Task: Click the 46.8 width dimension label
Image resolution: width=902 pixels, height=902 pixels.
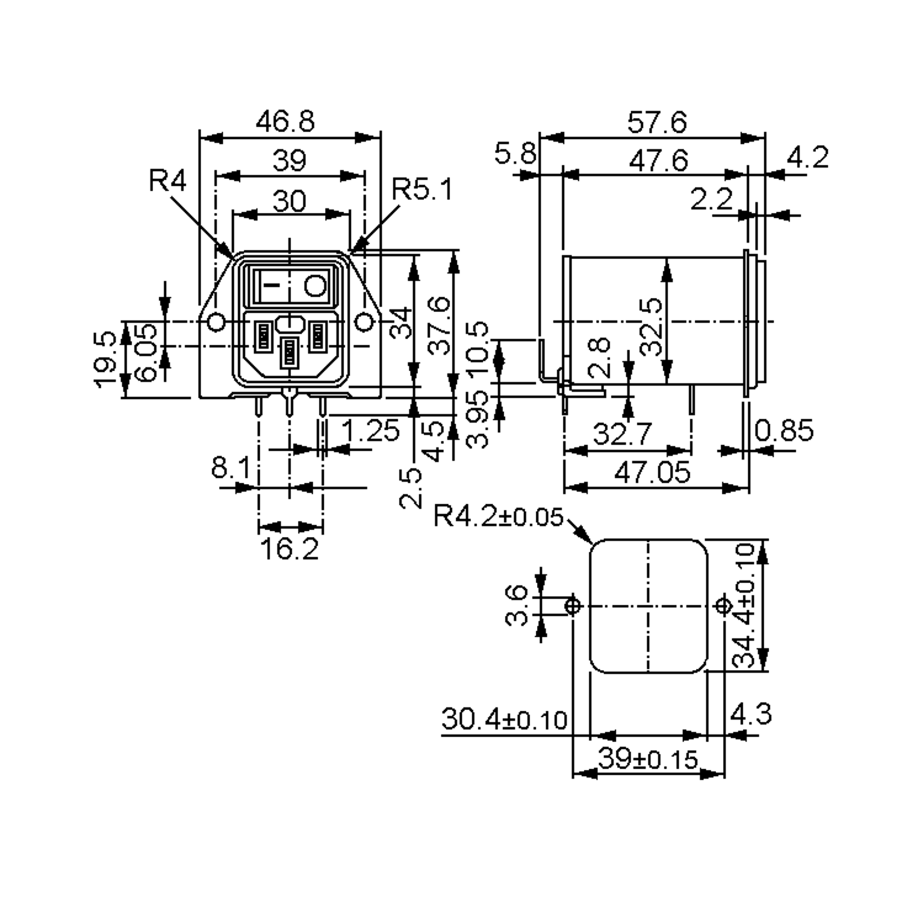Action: click(285, 121)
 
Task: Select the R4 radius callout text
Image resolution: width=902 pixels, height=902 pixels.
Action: click(168, 180)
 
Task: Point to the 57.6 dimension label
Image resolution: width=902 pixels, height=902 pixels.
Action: click(657, 122)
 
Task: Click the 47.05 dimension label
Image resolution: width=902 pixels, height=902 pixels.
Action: click(652, 472)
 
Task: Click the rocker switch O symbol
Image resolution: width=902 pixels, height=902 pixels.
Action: click(315, 286)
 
